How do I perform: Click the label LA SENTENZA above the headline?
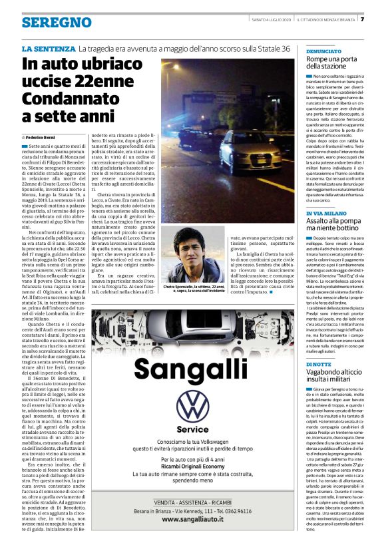click(48, 49)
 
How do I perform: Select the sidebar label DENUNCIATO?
click(324, 51)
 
